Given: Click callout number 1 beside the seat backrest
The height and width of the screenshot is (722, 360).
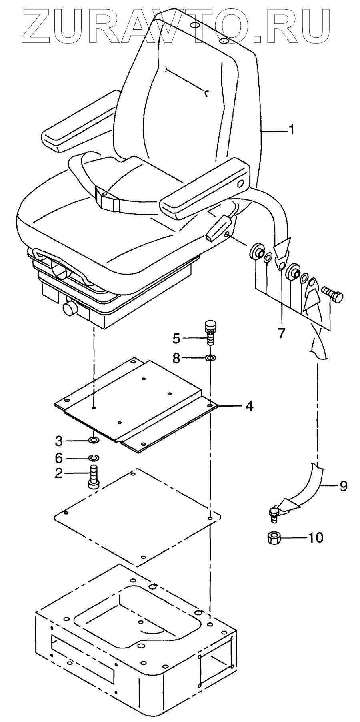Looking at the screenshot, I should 292,130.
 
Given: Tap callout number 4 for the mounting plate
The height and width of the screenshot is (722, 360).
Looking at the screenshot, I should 249,406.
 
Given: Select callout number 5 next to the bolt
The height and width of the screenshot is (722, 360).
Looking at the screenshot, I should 176,338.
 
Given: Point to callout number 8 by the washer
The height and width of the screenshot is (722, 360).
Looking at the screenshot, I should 176,358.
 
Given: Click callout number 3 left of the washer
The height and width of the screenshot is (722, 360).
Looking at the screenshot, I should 59,441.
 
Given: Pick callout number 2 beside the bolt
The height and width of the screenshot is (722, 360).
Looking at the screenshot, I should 59,473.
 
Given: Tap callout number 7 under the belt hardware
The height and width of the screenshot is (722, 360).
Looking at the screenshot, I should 282,333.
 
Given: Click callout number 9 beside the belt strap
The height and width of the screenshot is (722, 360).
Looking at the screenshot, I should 343,486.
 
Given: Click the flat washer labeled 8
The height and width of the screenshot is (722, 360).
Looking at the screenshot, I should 210,357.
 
